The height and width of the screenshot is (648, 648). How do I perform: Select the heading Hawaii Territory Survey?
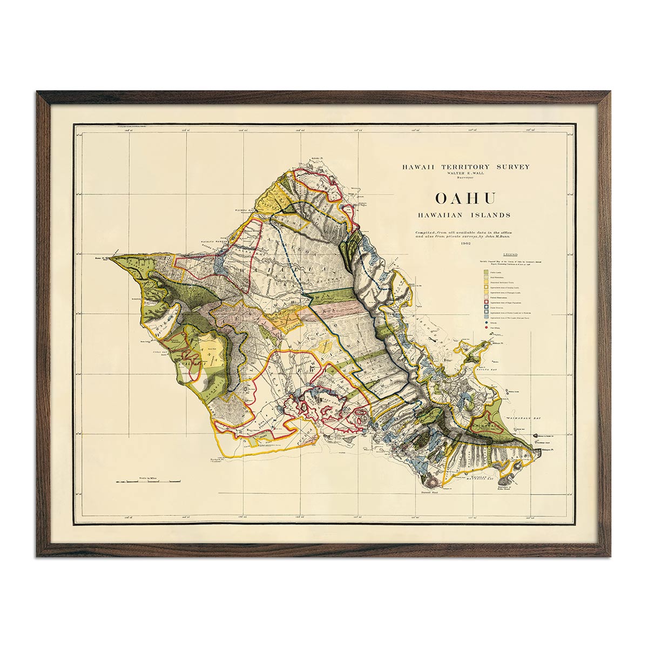click(465, 167)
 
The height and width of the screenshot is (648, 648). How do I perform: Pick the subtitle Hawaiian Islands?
click(464, 214)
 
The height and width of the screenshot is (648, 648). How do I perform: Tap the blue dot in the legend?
click(485, 322)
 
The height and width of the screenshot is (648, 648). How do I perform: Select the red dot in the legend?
click(485, 327)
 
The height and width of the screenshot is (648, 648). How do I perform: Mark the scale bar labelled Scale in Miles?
click(147, 480)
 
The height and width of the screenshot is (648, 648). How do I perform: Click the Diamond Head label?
click(433, 492)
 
